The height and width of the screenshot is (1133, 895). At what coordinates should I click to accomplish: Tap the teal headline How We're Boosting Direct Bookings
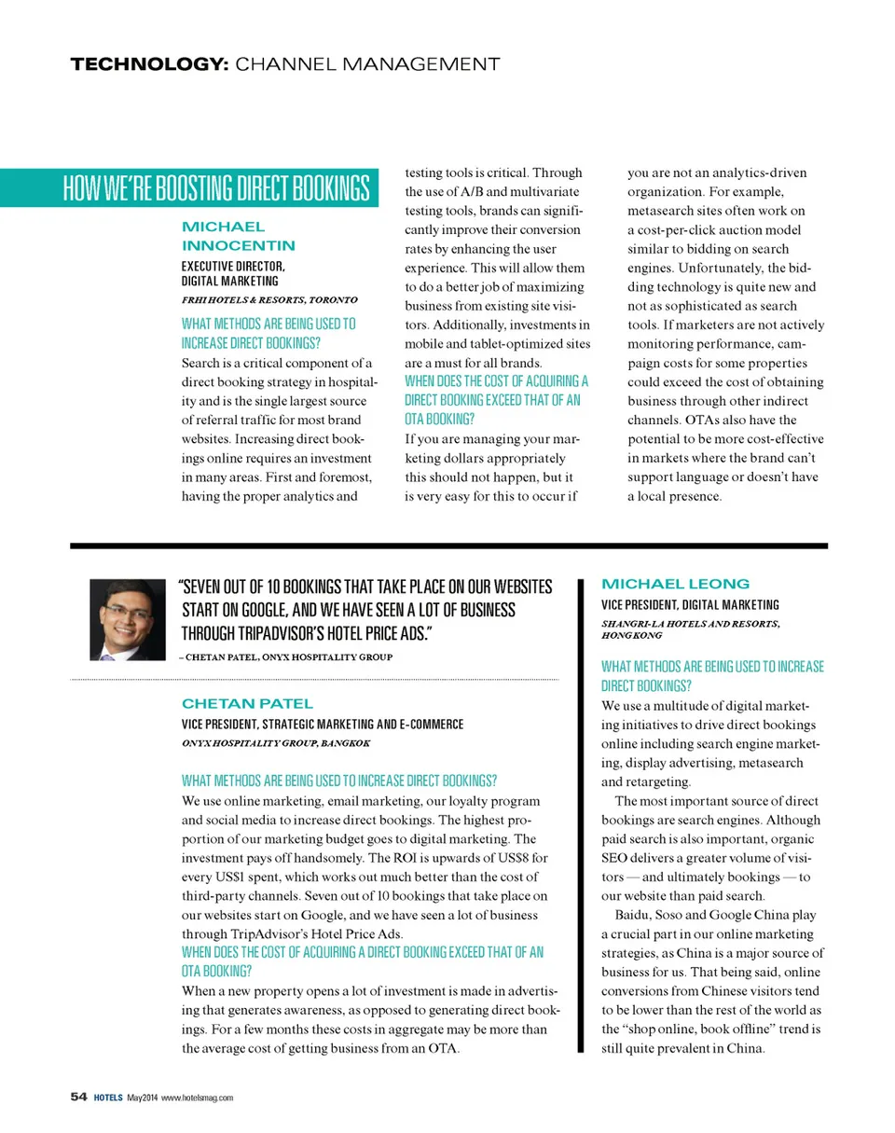pos(216,188)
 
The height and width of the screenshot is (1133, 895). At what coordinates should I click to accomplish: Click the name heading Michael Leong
pos(676,584)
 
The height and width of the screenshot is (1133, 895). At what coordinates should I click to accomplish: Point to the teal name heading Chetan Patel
pos(234,701)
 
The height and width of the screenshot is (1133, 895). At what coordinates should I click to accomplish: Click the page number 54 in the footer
pos(78,1097)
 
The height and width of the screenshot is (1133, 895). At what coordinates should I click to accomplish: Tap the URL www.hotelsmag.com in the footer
pos(199,1097)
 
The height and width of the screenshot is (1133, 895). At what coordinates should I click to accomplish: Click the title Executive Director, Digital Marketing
pos(230,273)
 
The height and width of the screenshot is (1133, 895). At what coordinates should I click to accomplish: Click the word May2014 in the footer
pos(143,1097)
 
